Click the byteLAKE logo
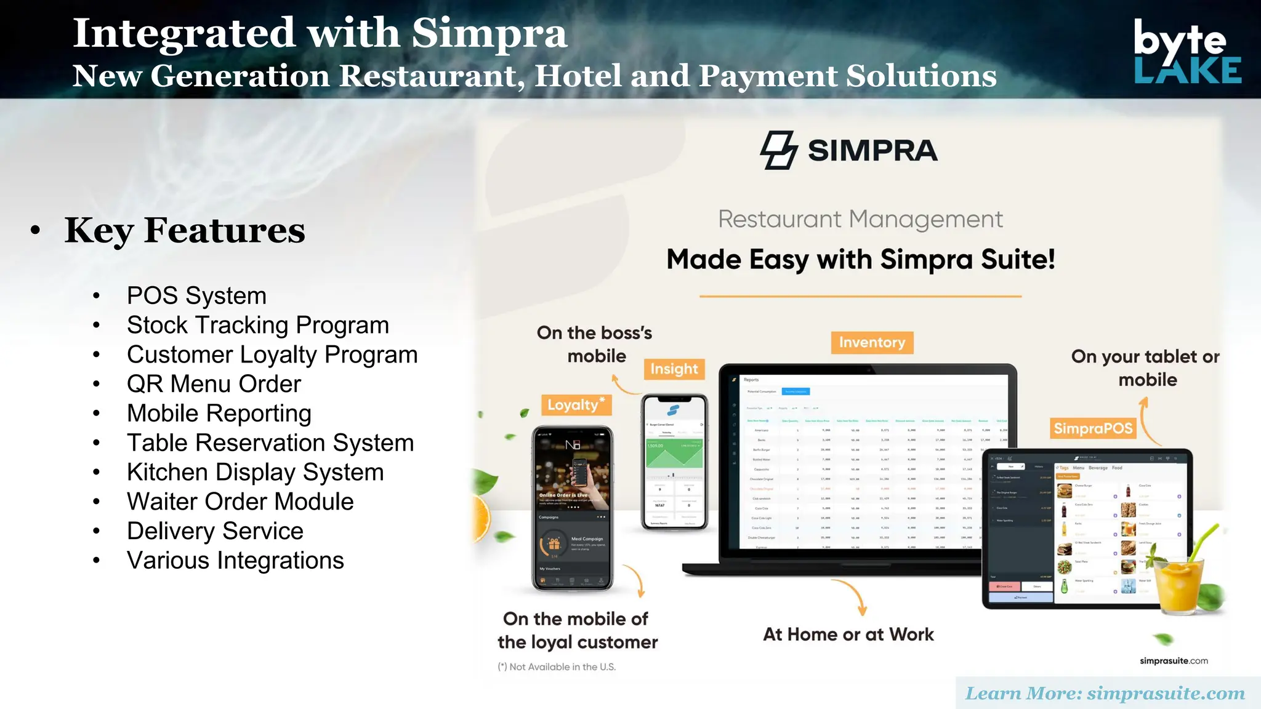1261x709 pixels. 1186,52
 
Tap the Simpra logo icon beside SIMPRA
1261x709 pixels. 779,150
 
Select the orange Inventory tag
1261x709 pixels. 872,342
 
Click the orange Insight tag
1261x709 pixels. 674,369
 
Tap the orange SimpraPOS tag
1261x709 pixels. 1093,428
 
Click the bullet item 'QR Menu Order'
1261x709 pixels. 214,384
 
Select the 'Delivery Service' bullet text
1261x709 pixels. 215,531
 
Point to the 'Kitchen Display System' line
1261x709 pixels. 255,472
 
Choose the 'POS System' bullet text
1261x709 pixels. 196,295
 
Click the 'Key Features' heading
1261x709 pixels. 185,230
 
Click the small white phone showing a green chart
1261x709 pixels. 674,462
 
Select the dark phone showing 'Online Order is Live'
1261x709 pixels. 573,508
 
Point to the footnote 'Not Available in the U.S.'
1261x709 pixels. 557,667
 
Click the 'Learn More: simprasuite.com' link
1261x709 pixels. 1105,694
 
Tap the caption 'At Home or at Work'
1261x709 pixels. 848,635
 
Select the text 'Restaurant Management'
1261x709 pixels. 860,219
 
